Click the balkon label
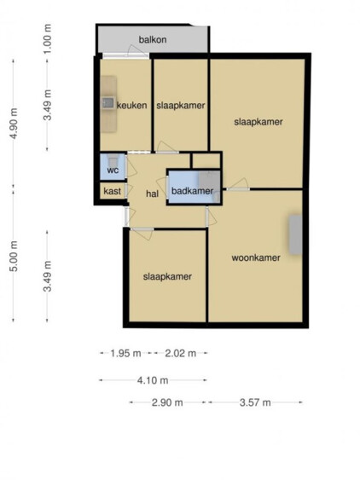(x=153, y=40)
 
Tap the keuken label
(x=132, y=106)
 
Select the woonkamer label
(x=256, y=257)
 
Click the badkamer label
(x=192, y=191)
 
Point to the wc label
(x=113, y=171)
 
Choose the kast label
(x=112, y=191)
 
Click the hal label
(x=152, y=194)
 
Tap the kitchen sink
(x=107, y=102)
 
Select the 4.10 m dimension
(x=153, y=380)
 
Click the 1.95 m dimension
(x=125, y=354)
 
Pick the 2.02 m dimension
(x=181, y=354)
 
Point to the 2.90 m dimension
(x=167, y=402)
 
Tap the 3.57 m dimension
(x=255, y=402)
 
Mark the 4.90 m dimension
(x=15, y=124)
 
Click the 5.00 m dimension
(x=15, y=256)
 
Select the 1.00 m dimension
(x=48, y=39)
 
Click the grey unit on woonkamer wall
(x=296, y=234)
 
